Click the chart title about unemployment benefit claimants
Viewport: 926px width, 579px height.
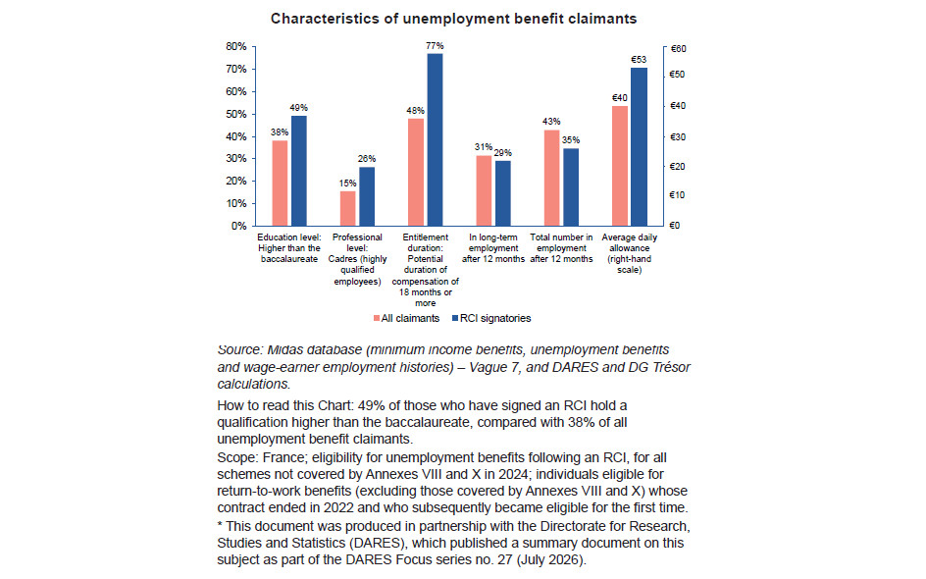click(x=453, y=19)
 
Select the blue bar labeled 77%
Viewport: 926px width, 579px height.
click(x=435, y=139)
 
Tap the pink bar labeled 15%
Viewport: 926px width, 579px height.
click(x=348, y=209)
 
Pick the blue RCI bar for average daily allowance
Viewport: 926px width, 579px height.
click(x=639, y=146)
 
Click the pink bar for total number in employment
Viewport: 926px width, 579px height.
click(x=551, y=178)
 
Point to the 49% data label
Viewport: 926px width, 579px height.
click(x=299, y=108)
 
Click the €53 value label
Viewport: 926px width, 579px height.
click(x=639, y=60)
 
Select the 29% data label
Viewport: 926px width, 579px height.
click(x=503, y=153)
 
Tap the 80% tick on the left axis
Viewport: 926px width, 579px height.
click(x=236, y=47)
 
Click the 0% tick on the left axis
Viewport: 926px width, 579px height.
click(x=239, y=226)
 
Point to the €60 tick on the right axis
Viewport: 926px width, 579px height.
click(x=679, y=49)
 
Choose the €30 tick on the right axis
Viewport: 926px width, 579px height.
click(x=679, y=137)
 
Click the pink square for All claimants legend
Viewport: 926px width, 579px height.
click(x=377, y=318)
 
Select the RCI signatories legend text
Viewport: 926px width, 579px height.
click(x=495, y=318)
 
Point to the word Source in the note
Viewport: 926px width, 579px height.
click(x=238, y=349)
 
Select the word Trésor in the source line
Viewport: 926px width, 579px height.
click(x=671, y=367)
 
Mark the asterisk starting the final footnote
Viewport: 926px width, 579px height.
click(x=220, y=525)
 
